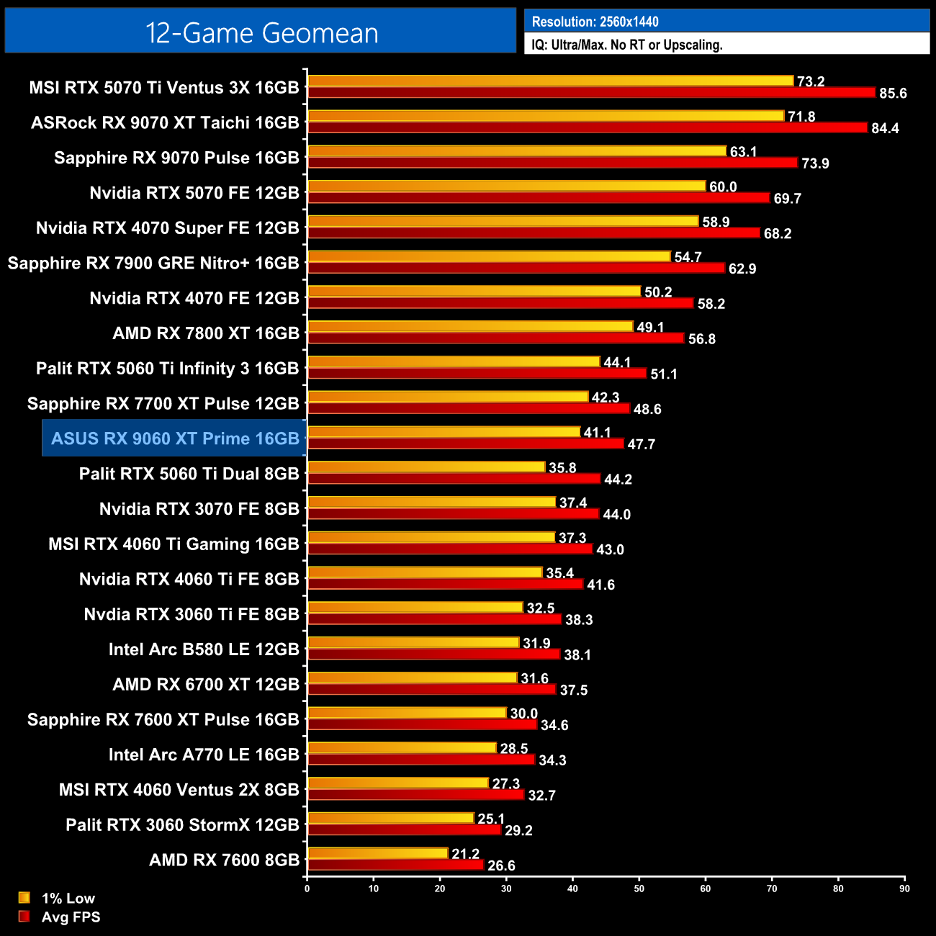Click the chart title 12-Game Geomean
[261, 33]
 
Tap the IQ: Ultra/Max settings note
[626, 45]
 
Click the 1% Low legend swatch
[24, 898]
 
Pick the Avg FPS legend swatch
[24, 917]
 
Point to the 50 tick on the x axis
[639, 888]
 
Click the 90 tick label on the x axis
[904, 888]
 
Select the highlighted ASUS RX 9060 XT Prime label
[175, 438]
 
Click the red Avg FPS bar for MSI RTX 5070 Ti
[590, 92]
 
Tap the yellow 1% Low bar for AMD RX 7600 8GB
[378, 853]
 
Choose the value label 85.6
[893, 94]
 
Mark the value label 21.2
[465, 854]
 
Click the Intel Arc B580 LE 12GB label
[204, 649]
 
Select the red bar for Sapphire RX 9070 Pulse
[552, 163]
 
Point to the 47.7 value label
[641, 444]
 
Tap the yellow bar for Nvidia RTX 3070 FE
[431, 502]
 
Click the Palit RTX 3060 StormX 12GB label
[182, 824]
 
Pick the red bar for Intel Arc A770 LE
[421, 760]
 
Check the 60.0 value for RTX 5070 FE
[723, 187]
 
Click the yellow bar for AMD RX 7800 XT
[470, 326]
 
